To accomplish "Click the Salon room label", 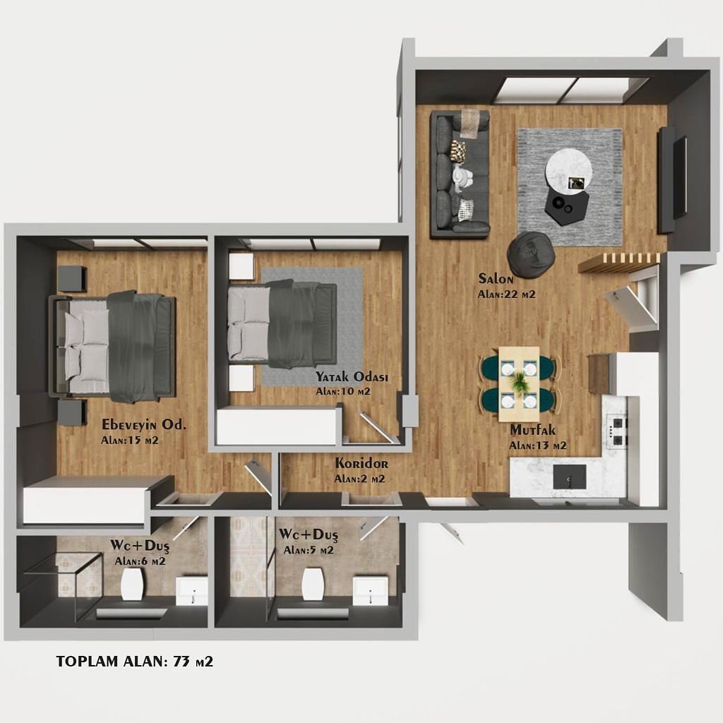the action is pos(496,278).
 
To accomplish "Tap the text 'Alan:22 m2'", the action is pos(506,294).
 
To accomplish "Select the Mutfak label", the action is pos(532,430).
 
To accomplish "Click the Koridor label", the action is pos(361,463).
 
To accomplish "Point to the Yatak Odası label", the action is pos(352,377).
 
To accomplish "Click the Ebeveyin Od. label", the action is pos(144,424).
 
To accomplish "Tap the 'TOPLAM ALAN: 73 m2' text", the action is pos(135,662).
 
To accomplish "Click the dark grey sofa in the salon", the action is pos(459,174).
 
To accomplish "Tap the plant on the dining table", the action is pos(520,381).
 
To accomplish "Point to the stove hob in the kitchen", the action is pos(616,431).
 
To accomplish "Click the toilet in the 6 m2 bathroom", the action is pos(132,584).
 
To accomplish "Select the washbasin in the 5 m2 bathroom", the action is pos(370,590).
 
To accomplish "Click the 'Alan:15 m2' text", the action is pos(130,441).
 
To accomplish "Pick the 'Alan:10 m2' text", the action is pos(343,392).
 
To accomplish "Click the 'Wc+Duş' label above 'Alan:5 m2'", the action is pos(309,535).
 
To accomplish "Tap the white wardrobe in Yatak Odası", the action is pos(276,426).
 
